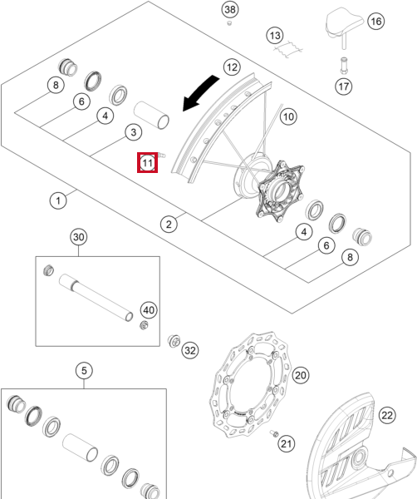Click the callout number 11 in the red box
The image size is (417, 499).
click(148, 163)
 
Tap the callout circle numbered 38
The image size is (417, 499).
click(230, 9)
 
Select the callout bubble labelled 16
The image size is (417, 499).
click(376, 22)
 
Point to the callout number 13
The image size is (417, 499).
click(275, 35)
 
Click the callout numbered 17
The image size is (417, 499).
click(344, 86)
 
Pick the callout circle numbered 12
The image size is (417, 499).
click(232, 67)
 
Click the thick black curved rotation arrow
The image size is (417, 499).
click(200, 93)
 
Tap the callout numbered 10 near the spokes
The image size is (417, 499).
click(288, 116)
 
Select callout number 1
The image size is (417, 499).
click(58, 200)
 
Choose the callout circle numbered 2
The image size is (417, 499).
click(169, 224)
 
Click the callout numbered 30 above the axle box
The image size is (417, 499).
click(79, 237)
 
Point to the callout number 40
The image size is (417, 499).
click(149, 310)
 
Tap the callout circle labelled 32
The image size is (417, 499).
click(190, 350)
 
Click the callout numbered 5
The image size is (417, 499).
click(84, 370)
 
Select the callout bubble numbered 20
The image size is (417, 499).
click(301, 375)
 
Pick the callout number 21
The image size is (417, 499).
click(287, 443)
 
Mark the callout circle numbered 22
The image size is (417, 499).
click(387, 415)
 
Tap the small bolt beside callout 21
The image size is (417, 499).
click(274, 433)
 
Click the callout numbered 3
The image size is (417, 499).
click(134, 132)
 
